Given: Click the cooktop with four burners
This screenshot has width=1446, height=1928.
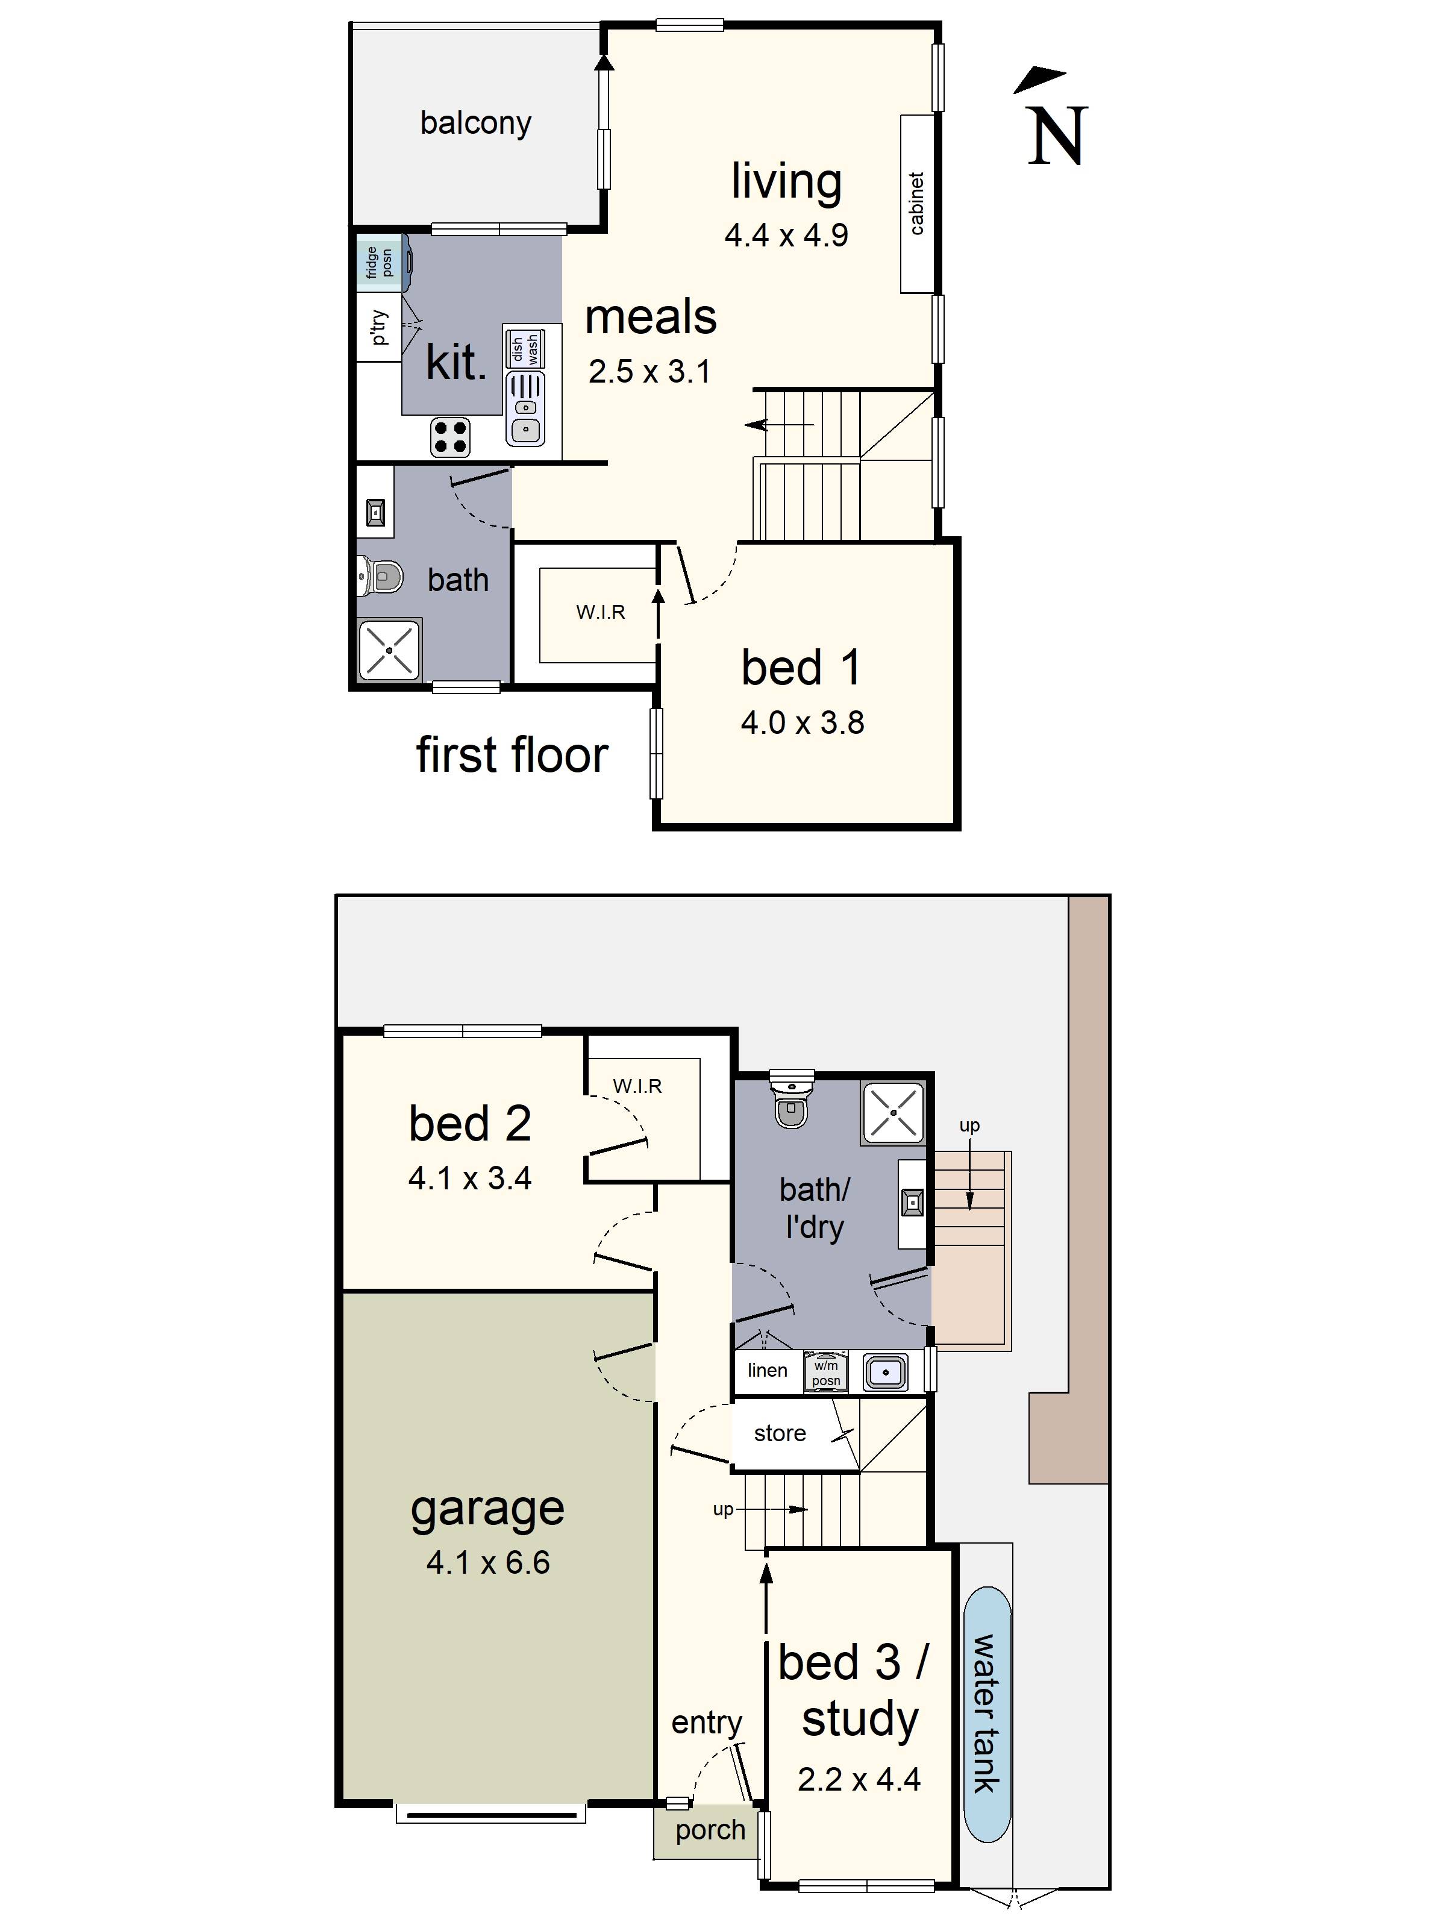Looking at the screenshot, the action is (x=451, y=437).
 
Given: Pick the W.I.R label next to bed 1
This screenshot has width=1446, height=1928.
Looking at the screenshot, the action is (x=601, y=612).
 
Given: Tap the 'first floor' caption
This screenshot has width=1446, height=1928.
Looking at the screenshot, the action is (x=512, y=755).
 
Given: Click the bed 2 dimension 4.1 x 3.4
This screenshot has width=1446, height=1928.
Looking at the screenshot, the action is (x=470, y=1178).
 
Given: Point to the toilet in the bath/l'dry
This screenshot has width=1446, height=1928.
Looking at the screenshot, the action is (x=792, y=1100).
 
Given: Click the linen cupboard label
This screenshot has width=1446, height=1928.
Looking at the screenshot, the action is (x=767, y=1370).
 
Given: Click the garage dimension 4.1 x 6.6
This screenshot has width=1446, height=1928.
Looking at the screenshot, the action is (x=488, y=1562).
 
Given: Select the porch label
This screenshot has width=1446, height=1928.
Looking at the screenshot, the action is (x=710, y=1830).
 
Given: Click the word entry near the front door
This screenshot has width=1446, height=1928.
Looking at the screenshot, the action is (x=706, y=1723).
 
